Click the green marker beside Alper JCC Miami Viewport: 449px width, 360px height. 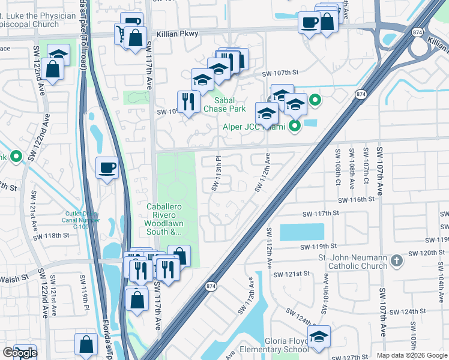coord(294,126)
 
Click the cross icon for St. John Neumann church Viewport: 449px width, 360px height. coord(396,261)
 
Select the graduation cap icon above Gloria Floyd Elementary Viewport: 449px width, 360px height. coord(319,337)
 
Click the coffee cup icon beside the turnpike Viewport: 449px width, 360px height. coord(107,168)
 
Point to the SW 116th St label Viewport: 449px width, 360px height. coord(360,200)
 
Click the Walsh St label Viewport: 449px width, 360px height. coord(16,277)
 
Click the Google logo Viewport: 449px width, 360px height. coord(20,353)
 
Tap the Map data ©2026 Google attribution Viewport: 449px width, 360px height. coord(412,355)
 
